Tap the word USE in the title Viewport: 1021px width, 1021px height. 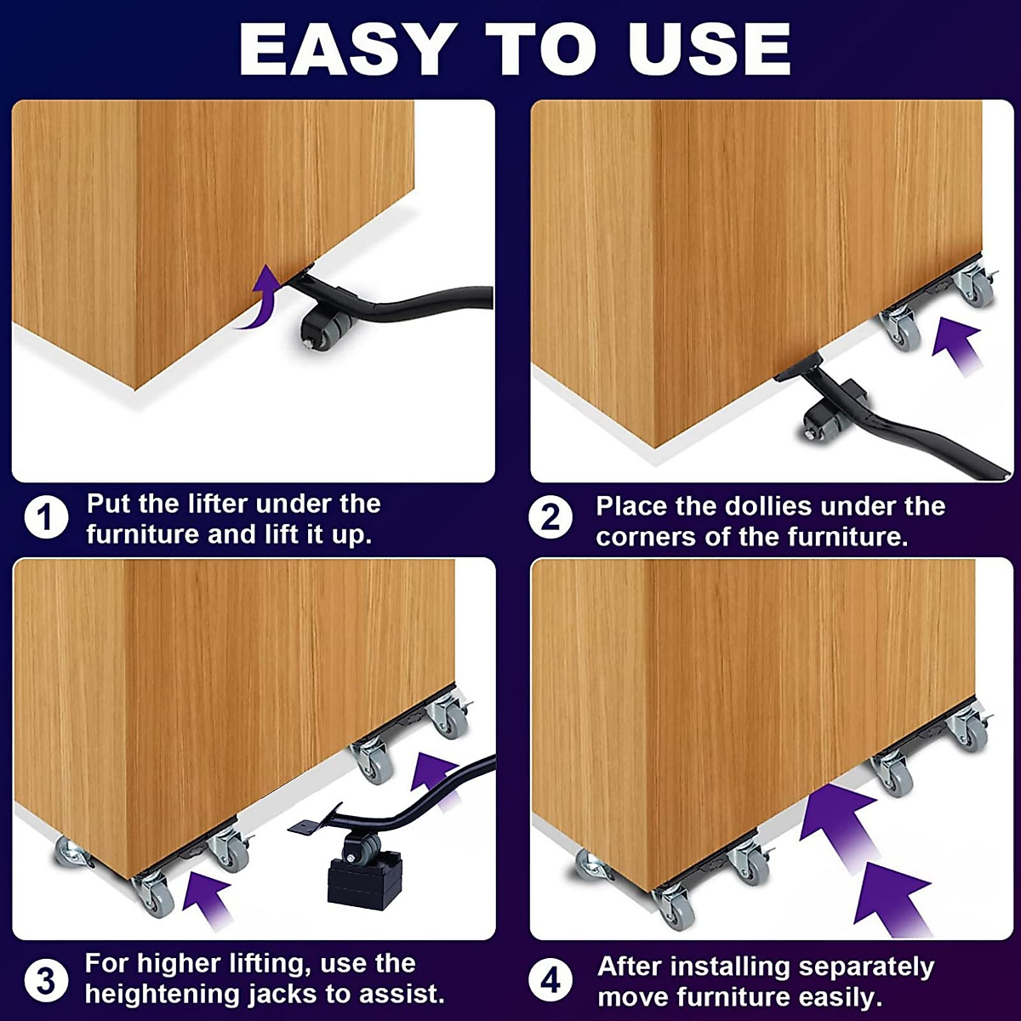pos(709,49)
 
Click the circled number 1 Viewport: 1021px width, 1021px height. pos(46,517)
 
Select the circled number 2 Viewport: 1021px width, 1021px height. pos(550,517)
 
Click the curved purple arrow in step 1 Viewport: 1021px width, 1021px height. pos(260,299)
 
